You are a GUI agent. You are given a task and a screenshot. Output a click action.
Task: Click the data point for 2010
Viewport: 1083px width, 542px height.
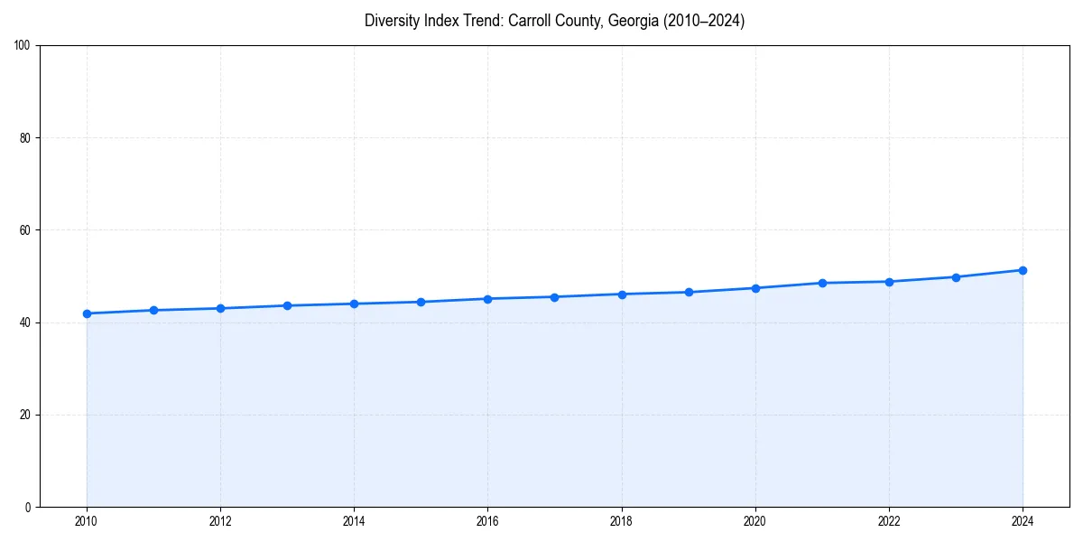click(87, 313)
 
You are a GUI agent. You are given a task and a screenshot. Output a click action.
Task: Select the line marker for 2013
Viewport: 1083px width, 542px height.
click(287, 305)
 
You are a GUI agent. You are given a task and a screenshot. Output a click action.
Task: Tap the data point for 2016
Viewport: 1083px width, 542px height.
click(487, 299)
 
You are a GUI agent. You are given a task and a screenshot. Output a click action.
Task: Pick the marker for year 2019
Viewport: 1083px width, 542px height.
click(689, 292)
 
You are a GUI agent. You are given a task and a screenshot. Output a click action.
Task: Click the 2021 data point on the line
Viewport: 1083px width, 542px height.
click(822, 283)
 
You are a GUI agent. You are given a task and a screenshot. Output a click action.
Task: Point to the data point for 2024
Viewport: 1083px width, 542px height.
click(1023, 270)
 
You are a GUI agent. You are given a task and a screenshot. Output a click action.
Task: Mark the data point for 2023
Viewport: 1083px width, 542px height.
click(956, 277)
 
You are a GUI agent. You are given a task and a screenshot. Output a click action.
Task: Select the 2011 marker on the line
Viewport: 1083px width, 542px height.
click(153, 310)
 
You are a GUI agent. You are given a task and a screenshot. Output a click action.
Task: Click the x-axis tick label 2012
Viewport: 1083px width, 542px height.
click(220, 521)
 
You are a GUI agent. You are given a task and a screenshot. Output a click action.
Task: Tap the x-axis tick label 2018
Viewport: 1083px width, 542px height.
click(622, 521)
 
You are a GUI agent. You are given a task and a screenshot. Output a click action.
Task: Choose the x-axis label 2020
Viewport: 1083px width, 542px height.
click(755, 521)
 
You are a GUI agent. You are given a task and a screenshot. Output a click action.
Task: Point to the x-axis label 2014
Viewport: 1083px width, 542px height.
click(354, 521)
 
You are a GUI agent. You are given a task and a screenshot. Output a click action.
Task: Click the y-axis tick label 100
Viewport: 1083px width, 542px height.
click(23, 45)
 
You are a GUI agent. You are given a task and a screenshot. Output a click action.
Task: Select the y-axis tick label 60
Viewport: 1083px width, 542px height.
click(25, 230)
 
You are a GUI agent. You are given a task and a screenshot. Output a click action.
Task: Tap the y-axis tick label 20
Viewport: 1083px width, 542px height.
click(25, 415)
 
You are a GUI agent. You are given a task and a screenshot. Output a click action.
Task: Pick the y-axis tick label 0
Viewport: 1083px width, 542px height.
click(28, 507)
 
